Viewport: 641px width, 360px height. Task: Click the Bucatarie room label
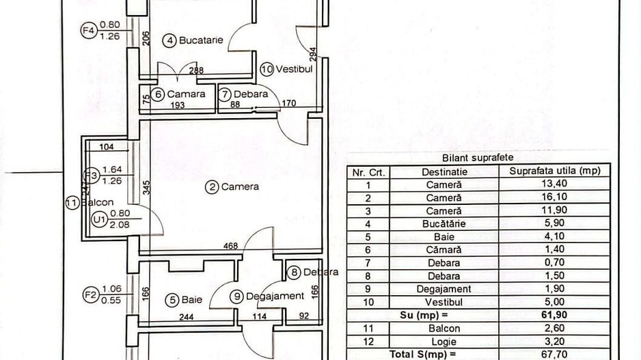click(201, 40)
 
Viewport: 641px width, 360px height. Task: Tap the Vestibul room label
click(294, 69)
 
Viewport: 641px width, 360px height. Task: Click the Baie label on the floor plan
click(191, 299)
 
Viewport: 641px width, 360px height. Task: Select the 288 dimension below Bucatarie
click(196, 70)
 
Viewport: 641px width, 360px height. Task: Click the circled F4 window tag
click(87, 31)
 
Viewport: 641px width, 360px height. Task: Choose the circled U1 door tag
click(98, 219)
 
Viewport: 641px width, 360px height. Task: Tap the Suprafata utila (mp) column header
click(560, 171)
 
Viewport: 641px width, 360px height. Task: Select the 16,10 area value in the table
click(560, 197)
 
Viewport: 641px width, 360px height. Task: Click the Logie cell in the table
click(444, 341)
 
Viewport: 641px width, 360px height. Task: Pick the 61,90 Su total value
click(560, 315)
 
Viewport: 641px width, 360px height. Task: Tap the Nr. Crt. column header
click(368, 171)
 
